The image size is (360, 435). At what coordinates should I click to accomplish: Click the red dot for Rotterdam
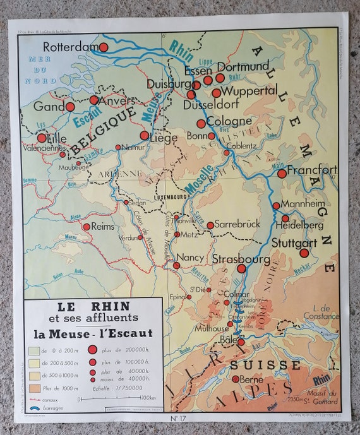pos(104,47)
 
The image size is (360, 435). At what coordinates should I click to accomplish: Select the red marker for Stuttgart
pos(304,253)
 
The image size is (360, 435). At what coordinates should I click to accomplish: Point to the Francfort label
pos(311,170)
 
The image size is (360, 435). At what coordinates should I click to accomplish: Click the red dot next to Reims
pos(86,227)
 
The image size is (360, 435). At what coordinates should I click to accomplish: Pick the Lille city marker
pos(42,138)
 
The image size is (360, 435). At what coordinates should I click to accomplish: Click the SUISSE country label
pos(265,365)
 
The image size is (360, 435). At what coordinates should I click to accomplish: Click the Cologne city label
pos(228,121)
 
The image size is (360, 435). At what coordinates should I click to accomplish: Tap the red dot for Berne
pos(236,379)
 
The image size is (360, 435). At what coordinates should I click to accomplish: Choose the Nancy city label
pos(189,258)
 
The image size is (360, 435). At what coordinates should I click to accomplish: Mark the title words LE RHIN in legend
pos(93,306)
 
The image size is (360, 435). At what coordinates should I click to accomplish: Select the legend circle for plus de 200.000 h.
pos(93,350)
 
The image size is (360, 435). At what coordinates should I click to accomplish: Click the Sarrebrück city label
pos(237,224)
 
